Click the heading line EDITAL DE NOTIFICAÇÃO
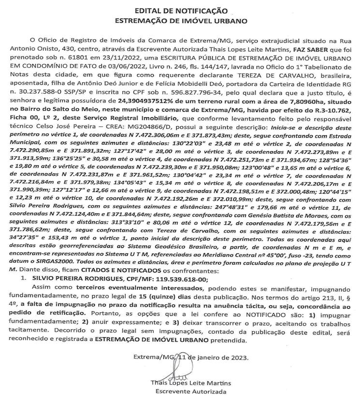coord(180,10)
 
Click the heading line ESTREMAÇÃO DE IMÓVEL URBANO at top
coord(180,21)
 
